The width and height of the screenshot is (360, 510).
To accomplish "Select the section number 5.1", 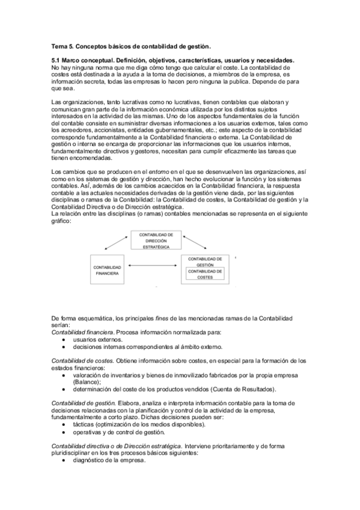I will click(x=57, y=61).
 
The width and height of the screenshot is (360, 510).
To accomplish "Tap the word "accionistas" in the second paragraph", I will click(x=100, y=128).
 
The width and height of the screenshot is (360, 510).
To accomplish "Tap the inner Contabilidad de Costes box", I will click(x=206, y=274).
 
